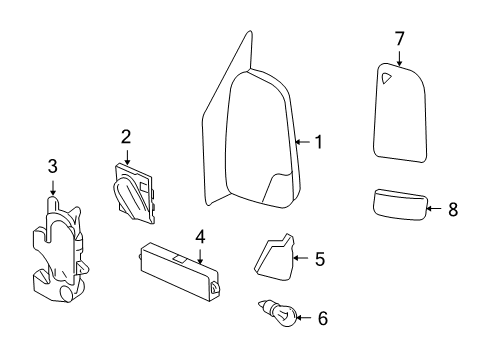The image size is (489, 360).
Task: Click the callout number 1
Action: (x=318, y=142)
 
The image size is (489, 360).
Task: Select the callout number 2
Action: (x=127, y=136)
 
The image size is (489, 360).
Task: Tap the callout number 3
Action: (x=52, y=166)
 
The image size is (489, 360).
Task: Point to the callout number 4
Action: (x=200, y=237)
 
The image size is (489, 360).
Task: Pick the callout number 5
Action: (x=319, y=259)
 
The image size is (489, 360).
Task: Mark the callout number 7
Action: (x=399, y=38)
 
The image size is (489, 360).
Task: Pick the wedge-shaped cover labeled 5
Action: (x=276, y=256)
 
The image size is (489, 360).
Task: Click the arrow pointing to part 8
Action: (x=432, y=209)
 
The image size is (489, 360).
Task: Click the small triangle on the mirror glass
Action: (x=385, y=76)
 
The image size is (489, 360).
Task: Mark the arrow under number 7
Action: (x=399, y=58)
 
